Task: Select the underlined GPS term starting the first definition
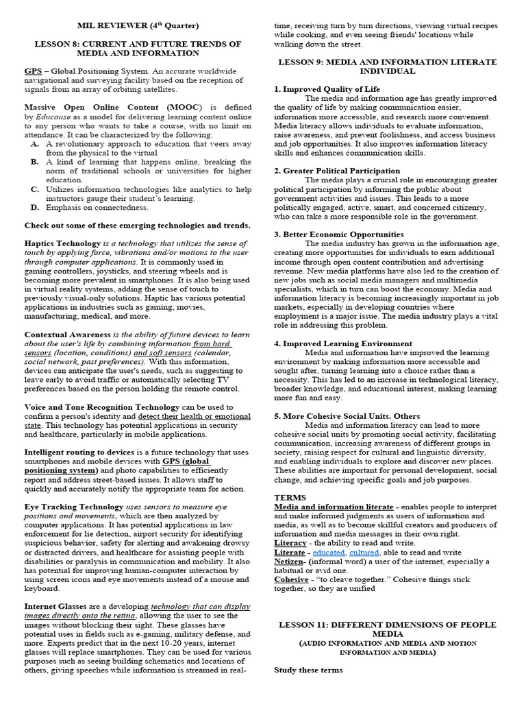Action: click(x=32, y=71)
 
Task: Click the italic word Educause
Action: click(x=49, y=117)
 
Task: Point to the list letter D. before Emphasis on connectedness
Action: click(x=35, y=207)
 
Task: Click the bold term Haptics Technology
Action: click(x=62, y=243)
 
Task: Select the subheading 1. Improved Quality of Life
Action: click(x=327, y=89)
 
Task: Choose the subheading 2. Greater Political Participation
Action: click(x=337, y=171)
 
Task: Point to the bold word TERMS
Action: click(x=290, y=497)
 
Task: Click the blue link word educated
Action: click(x=328, y=552)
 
